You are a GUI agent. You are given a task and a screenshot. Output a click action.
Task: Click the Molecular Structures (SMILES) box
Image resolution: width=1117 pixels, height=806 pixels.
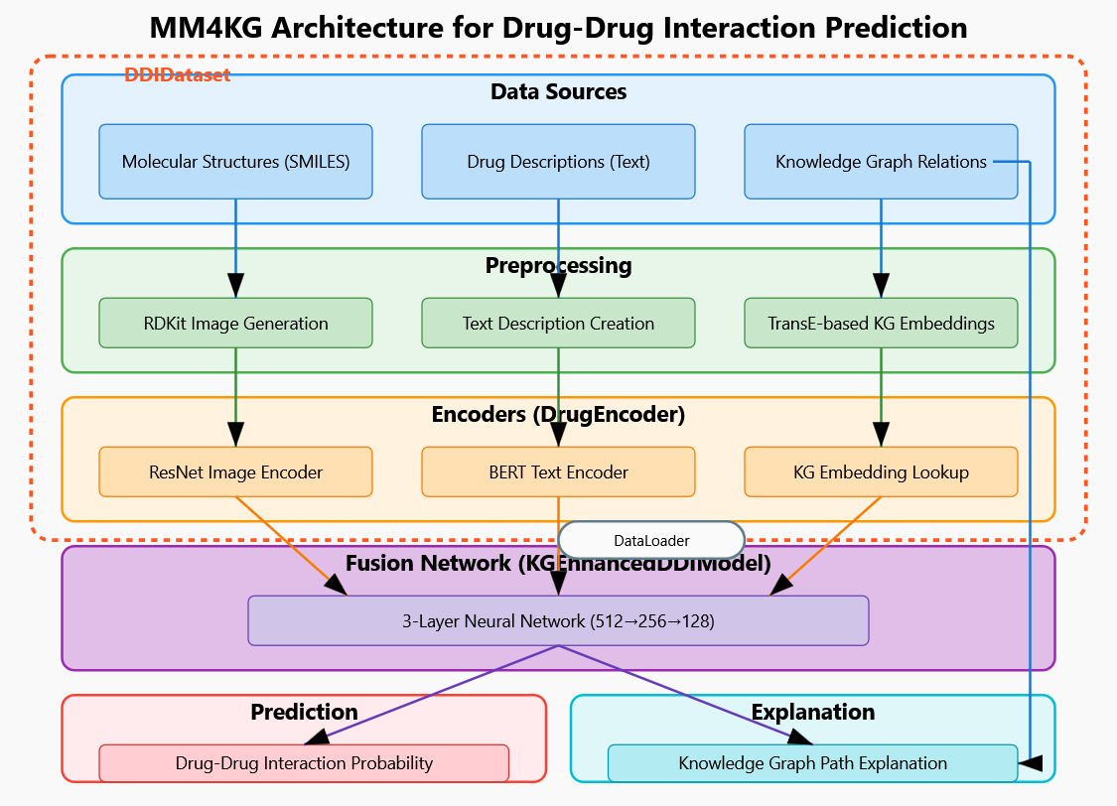click(235, 161)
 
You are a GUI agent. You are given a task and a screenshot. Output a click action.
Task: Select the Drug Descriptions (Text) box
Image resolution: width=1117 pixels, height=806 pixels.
click(558, 161)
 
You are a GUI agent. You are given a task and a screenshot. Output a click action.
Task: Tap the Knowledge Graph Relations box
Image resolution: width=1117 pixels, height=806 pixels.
click(881, 161)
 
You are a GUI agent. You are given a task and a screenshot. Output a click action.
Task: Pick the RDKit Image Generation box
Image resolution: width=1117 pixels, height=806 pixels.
click(235, 323)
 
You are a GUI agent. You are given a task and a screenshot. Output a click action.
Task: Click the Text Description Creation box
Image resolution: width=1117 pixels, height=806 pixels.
click(558, 323)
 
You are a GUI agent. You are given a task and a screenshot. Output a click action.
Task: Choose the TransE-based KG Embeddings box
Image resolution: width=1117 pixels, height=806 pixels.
click(881, 323)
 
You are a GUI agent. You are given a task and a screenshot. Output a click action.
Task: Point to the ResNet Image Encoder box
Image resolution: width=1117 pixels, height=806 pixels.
click(235, 471)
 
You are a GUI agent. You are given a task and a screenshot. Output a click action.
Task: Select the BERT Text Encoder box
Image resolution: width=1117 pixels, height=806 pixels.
click(558, 471)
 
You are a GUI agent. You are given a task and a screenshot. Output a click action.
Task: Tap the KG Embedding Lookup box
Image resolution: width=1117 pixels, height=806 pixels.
click(881, 471)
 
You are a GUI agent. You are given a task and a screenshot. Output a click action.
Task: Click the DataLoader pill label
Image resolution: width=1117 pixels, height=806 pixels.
click(651, 540)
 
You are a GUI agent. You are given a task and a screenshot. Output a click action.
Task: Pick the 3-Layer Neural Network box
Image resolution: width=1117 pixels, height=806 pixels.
click(558, 620)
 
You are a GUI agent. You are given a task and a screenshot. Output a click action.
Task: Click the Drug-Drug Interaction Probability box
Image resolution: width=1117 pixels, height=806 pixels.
click(304, 763)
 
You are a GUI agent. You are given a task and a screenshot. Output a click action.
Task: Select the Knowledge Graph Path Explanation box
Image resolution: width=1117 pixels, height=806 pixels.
click(812, 763)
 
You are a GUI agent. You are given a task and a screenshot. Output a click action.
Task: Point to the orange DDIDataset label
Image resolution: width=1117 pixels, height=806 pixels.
click(177, 74)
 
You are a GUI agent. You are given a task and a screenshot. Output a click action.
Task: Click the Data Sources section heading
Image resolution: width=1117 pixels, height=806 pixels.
click(558, 92)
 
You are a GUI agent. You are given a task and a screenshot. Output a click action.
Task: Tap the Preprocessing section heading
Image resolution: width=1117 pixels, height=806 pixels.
click(558, 265)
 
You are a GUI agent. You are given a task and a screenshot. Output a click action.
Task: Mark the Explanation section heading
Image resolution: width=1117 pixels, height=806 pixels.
click(812, 712)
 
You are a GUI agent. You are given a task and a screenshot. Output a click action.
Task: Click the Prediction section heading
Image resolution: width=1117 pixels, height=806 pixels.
click(304, 712)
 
